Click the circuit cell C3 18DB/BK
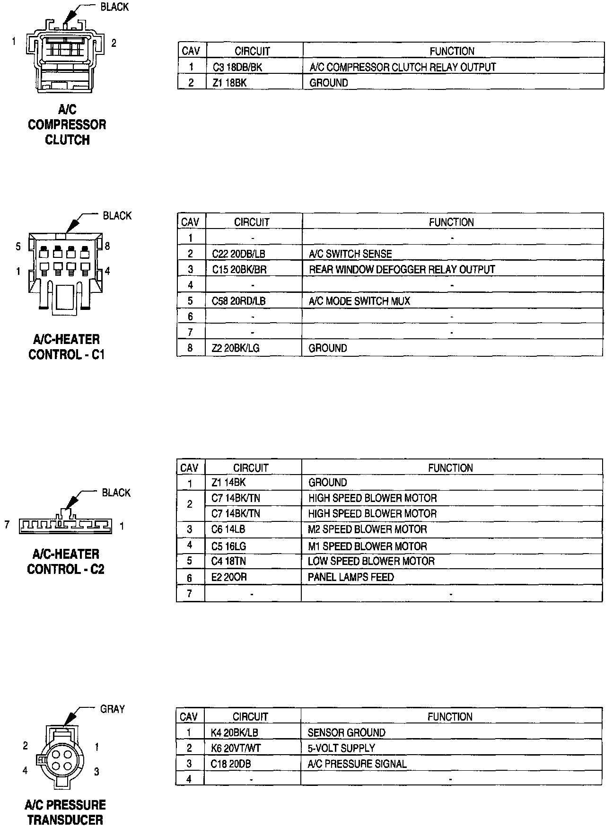point(237,67)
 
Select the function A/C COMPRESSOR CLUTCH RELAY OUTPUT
point(403,67)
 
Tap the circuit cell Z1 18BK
point(230,83)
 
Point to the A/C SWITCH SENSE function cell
point(350,254)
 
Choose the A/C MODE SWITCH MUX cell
point(359,301)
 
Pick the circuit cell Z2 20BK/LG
point(236,348)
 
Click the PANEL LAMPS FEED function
point(351,577)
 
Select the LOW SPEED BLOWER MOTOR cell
point(371,562)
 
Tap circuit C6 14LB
point(228,529)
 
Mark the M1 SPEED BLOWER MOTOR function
point(368,546)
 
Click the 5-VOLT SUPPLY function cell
point(342,749)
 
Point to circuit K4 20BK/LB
point(235,733)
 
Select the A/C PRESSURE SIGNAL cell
point(357,764)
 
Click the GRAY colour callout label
point(113,709)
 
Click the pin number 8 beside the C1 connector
point(107,246)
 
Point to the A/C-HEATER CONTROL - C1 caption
point(67,347)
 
